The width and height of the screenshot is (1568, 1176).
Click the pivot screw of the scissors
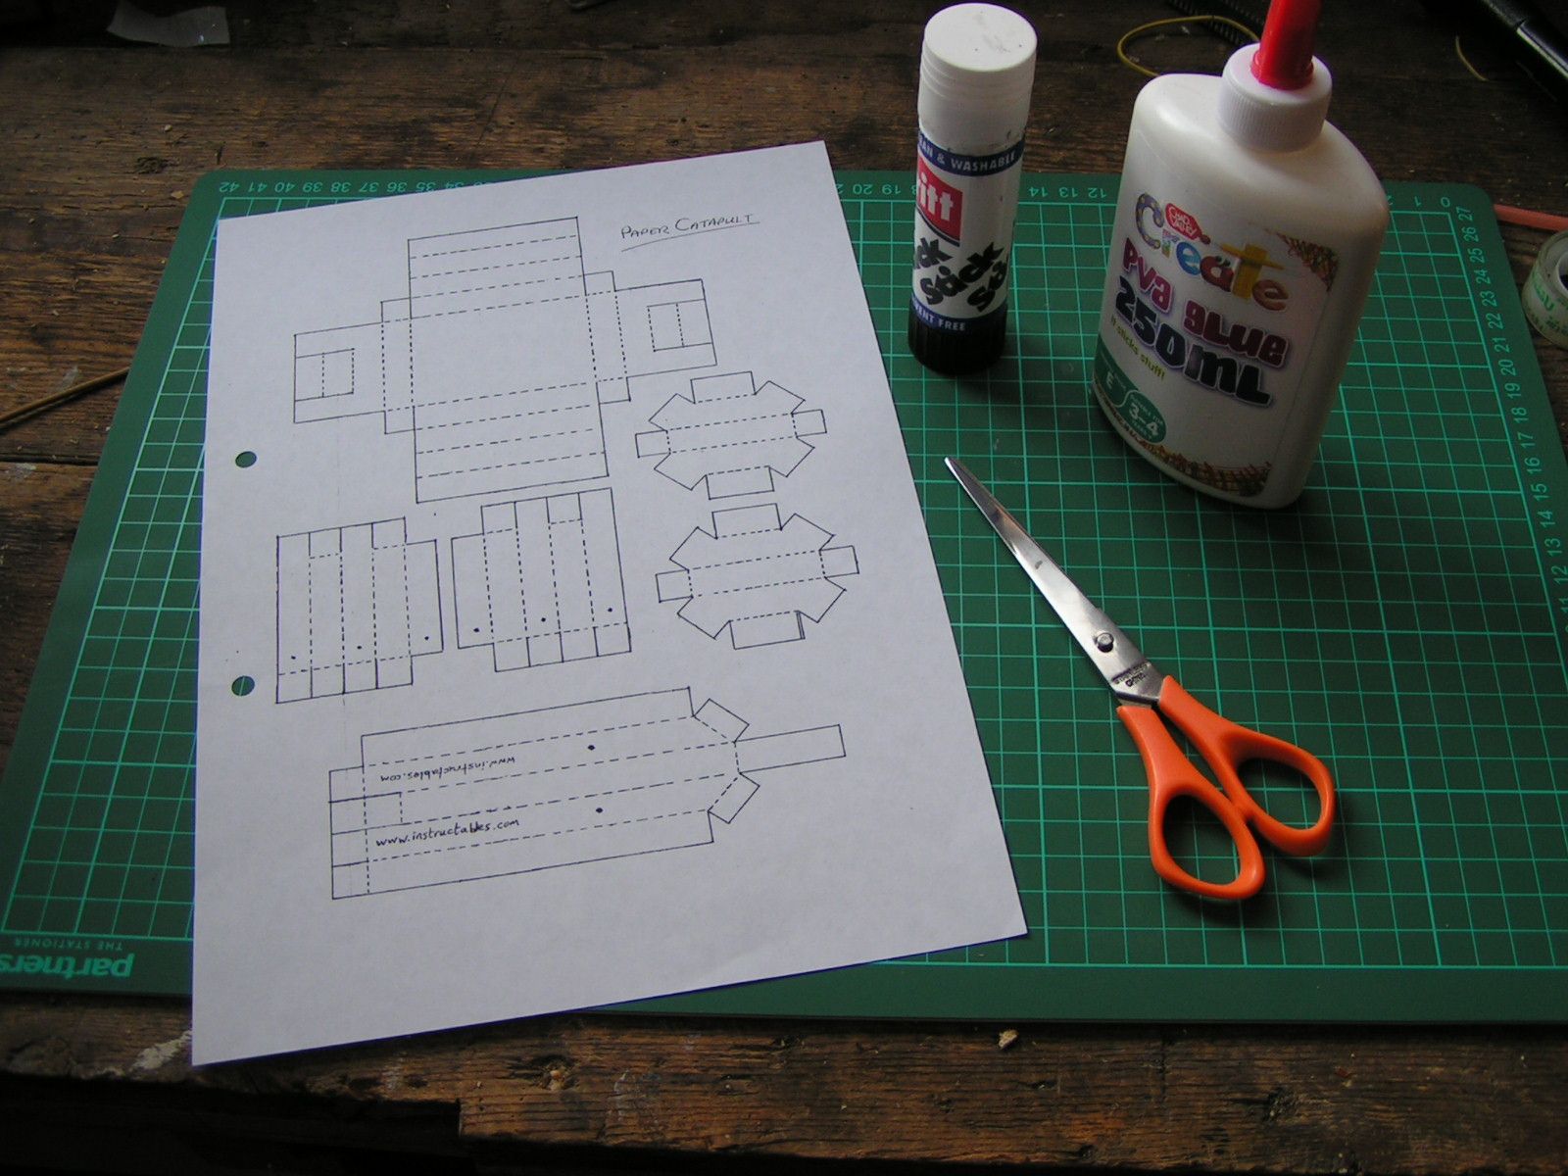1104,642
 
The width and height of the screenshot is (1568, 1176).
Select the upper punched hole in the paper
245,459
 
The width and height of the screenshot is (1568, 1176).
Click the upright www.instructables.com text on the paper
446,832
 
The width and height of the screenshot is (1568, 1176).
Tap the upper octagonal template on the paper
729,435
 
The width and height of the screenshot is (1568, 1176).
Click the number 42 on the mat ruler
229,184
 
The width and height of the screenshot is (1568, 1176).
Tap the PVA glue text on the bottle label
1215,305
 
